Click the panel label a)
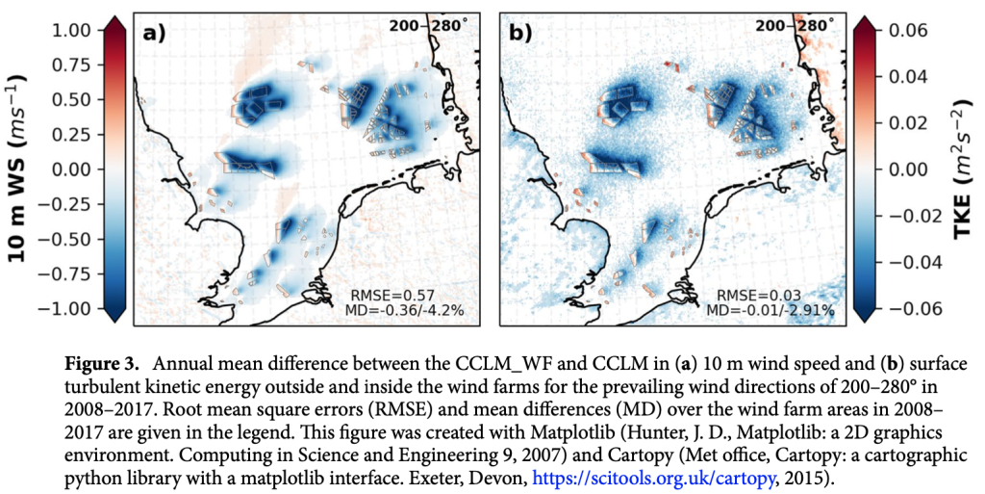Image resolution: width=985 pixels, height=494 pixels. (154, 33)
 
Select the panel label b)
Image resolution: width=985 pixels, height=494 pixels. (519, 33)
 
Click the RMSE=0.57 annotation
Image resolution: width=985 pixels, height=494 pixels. (392, 296)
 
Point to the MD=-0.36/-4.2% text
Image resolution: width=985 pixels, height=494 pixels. (404, 310)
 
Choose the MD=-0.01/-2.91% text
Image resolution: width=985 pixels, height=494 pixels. (770, 310)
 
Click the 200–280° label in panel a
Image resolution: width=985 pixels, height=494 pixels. (428, 25)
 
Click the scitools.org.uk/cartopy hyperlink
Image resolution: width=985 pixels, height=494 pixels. (653, 479)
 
